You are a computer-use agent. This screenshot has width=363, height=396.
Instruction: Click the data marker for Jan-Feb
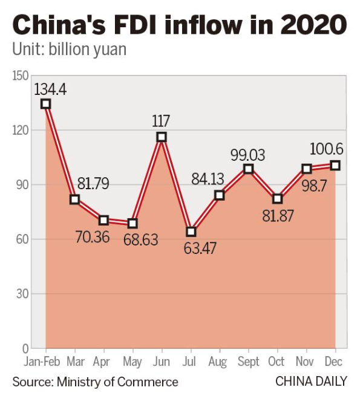46,104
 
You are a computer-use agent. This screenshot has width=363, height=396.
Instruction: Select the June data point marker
162,137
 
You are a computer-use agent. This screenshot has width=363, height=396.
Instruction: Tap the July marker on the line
191,232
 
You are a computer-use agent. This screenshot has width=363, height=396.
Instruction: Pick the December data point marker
335,165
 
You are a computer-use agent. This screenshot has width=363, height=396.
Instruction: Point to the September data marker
248,169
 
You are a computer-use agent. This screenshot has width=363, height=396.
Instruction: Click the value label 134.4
50,90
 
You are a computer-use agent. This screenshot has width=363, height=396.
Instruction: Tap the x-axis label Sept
248,362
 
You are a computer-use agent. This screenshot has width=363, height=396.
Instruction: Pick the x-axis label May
132,362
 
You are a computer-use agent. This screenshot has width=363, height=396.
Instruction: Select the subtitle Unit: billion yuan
70,50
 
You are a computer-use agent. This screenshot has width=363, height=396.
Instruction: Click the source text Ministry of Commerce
118,382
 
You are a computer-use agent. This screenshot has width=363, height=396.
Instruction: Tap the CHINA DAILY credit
311,381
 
